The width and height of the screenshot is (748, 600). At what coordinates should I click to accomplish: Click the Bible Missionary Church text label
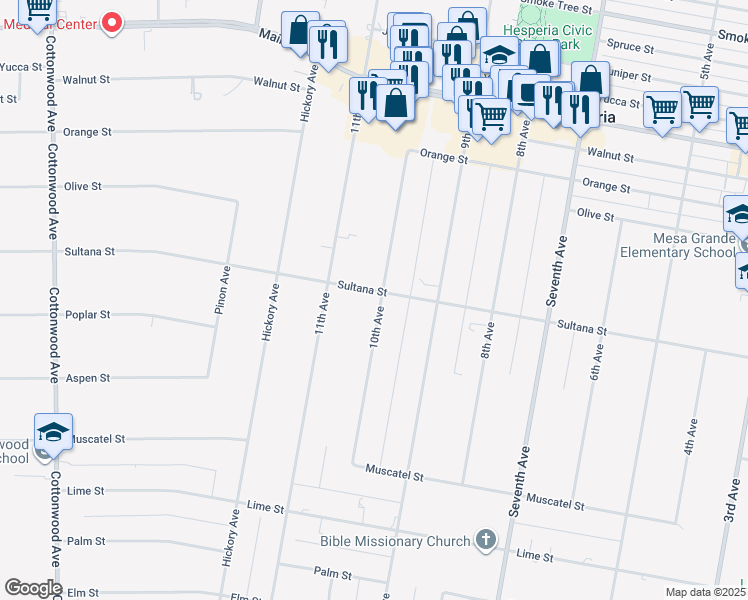pyautogui.click(x=395, y=541)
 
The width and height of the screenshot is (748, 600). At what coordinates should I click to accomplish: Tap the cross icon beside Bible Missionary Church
pyautogui.click(x=485, y=541)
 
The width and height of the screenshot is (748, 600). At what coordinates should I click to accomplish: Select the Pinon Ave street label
pyautogui.click(x=224, y=290)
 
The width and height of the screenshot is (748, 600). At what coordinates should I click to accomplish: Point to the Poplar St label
pyautogui.click(x=87, y=314)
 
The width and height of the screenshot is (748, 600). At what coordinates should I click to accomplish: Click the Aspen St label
pyautogui.click(x=87, y=378)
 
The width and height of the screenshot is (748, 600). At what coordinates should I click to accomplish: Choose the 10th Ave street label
pyautogui.click(x=377, y=327)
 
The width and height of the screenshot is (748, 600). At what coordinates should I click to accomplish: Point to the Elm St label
pyautogui.click(x=84, y=592)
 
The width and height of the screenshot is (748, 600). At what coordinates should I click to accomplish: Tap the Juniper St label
pyautogui.click(x=630, y=75)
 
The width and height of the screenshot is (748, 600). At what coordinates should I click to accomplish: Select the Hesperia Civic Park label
pyautogui.click(x=555, y=37)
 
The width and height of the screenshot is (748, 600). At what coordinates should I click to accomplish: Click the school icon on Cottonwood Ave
pyautogui.click(x=53, y=433)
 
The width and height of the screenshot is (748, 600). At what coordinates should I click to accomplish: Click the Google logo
pyautogui.click(x=33, y=588)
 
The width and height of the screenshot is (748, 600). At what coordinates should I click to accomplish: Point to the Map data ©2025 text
pyautogui.click(x=704, y=592)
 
